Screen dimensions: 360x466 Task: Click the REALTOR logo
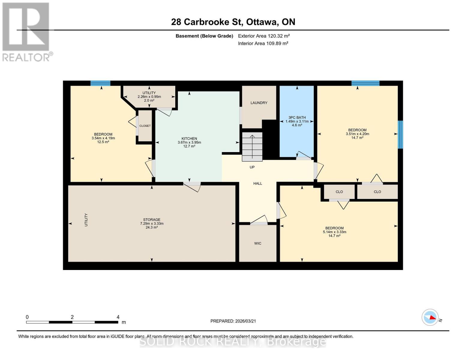click(26, 31)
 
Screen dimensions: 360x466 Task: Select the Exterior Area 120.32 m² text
click(264, 36)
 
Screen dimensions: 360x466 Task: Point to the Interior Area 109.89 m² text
click(263, 43)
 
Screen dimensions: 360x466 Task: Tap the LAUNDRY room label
click(259, 103)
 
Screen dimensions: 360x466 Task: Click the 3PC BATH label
click(297, 118)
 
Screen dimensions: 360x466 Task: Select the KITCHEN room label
click(189, 139)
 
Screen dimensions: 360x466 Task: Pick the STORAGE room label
click(152, 220)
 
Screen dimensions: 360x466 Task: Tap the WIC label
click(257, 243)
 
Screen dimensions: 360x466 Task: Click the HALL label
click(257, 183)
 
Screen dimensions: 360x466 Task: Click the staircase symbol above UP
click(252, 146)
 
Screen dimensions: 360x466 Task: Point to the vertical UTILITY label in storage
click(86, 220)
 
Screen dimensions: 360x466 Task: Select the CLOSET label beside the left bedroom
click(145, 126)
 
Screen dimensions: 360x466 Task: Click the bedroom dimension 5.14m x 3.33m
click(334, 232)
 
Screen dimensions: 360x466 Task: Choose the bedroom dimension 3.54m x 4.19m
click(103, 138)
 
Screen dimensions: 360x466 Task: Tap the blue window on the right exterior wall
click(400, 134)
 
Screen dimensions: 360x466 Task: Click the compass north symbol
click(430, 317)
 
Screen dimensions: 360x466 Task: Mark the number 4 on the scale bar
click(118, 317)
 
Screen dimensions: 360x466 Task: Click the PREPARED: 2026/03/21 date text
click(233, 321)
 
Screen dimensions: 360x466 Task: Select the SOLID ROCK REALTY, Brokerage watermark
click(233, 341)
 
